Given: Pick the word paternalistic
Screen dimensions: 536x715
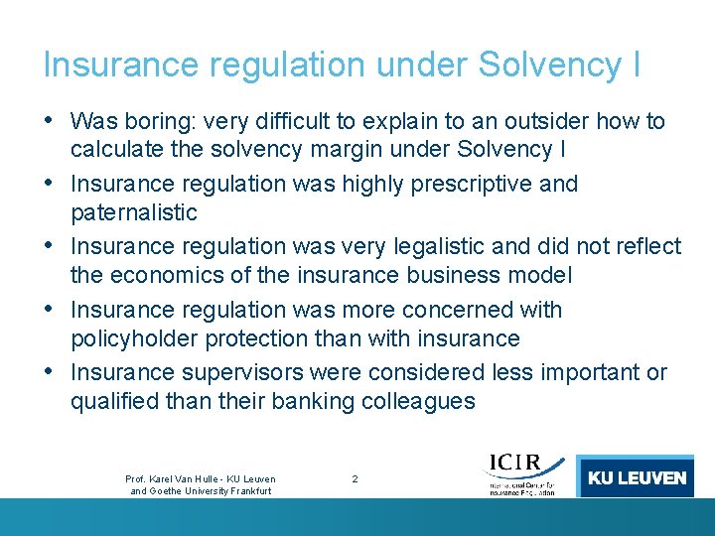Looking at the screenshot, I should point(134,212).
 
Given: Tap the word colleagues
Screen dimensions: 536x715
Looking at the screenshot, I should point(422,401).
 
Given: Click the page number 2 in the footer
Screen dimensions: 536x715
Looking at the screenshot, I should point(356,478).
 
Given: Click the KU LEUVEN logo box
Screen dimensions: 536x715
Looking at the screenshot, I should point(636,477).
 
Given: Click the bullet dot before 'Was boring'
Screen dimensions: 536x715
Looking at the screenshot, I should point(51,121).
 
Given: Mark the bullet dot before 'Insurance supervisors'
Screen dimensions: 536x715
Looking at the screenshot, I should point(51,372).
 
